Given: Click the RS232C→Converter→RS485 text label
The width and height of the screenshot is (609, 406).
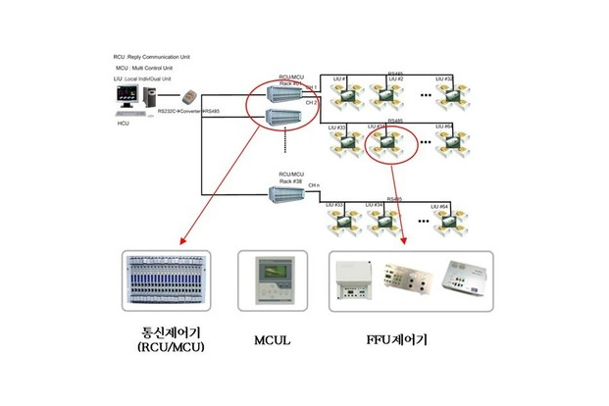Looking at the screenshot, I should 188,114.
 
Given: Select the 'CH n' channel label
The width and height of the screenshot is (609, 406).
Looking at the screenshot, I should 314,184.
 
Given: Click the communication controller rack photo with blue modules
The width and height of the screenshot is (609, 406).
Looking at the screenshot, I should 170,281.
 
